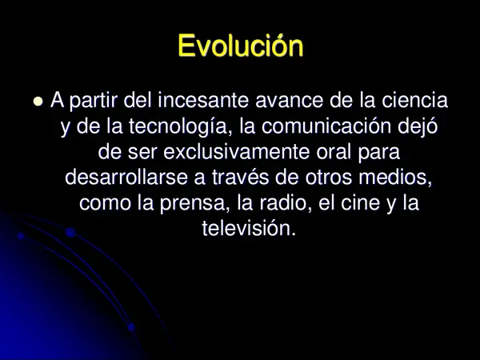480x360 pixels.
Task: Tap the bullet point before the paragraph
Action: coord(37,102)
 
